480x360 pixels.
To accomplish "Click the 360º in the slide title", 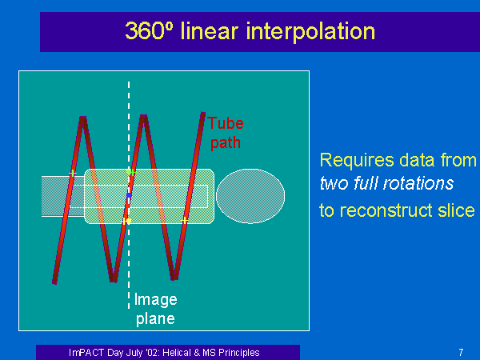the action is [x=149, y=31].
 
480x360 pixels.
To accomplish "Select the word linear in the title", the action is [x=210, y=31].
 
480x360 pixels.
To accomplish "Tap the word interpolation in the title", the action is [x=310, y=32].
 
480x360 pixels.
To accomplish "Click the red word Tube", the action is [x=226, y=123].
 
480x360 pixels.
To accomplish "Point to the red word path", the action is [x=226, y=143].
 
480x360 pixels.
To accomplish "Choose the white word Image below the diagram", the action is [x=156, y=300].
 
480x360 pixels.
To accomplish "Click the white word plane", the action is [x=155, y=319].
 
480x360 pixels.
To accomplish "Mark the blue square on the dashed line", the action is [x=129, y=195].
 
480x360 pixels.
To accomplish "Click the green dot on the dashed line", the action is [x=129, y=172].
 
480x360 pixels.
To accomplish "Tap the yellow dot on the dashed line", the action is [x=129, y=221].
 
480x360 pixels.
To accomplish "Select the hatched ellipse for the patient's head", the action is [x=250, y=196].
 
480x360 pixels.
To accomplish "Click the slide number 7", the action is [x=461, y=352].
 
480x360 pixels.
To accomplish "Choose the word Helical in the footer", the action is [x=178, y=353].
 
